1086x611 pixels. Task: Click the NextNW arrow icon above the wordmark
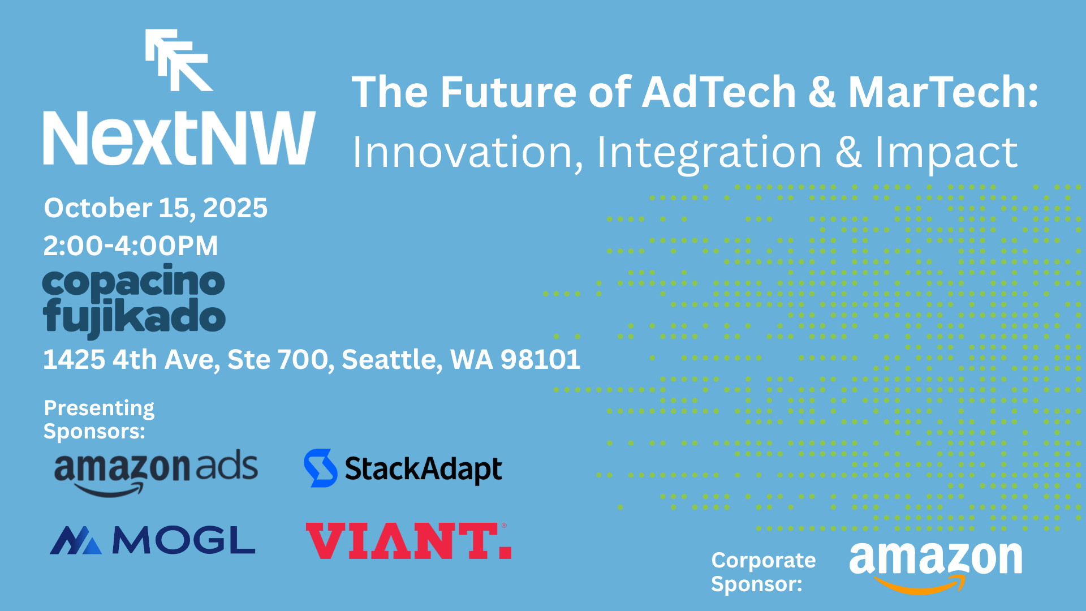pos(179,60)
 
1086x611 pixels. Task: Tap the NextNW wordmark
pos(179,139)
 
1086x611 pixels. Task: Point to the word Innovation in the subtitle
pos(467,153)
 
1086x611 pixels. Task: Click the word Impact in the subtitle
pos(946,153)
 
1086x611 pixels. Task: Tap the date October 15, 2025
pos(156,208)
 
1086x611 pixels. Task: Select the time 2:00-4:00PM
pos(131,246)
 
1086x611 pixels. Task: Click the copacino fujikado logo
pos(134,300)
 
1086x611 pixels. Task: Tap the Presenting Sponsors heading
pos(99,419)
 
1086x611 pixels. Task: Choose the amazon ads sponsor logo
pos(156,472)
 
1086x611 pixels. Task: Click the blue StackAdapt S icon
pos(320,468)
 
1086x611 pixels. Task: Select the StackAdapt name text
pos(423,470)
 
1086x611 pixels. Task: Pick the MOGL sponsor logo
pos(153,540)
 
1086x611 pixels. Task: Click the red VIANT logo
pos(408,541)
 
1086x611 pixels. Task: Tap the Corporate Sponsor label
pos(763,571)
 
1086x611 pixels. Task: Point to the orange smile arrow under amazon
pos(920,585)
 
